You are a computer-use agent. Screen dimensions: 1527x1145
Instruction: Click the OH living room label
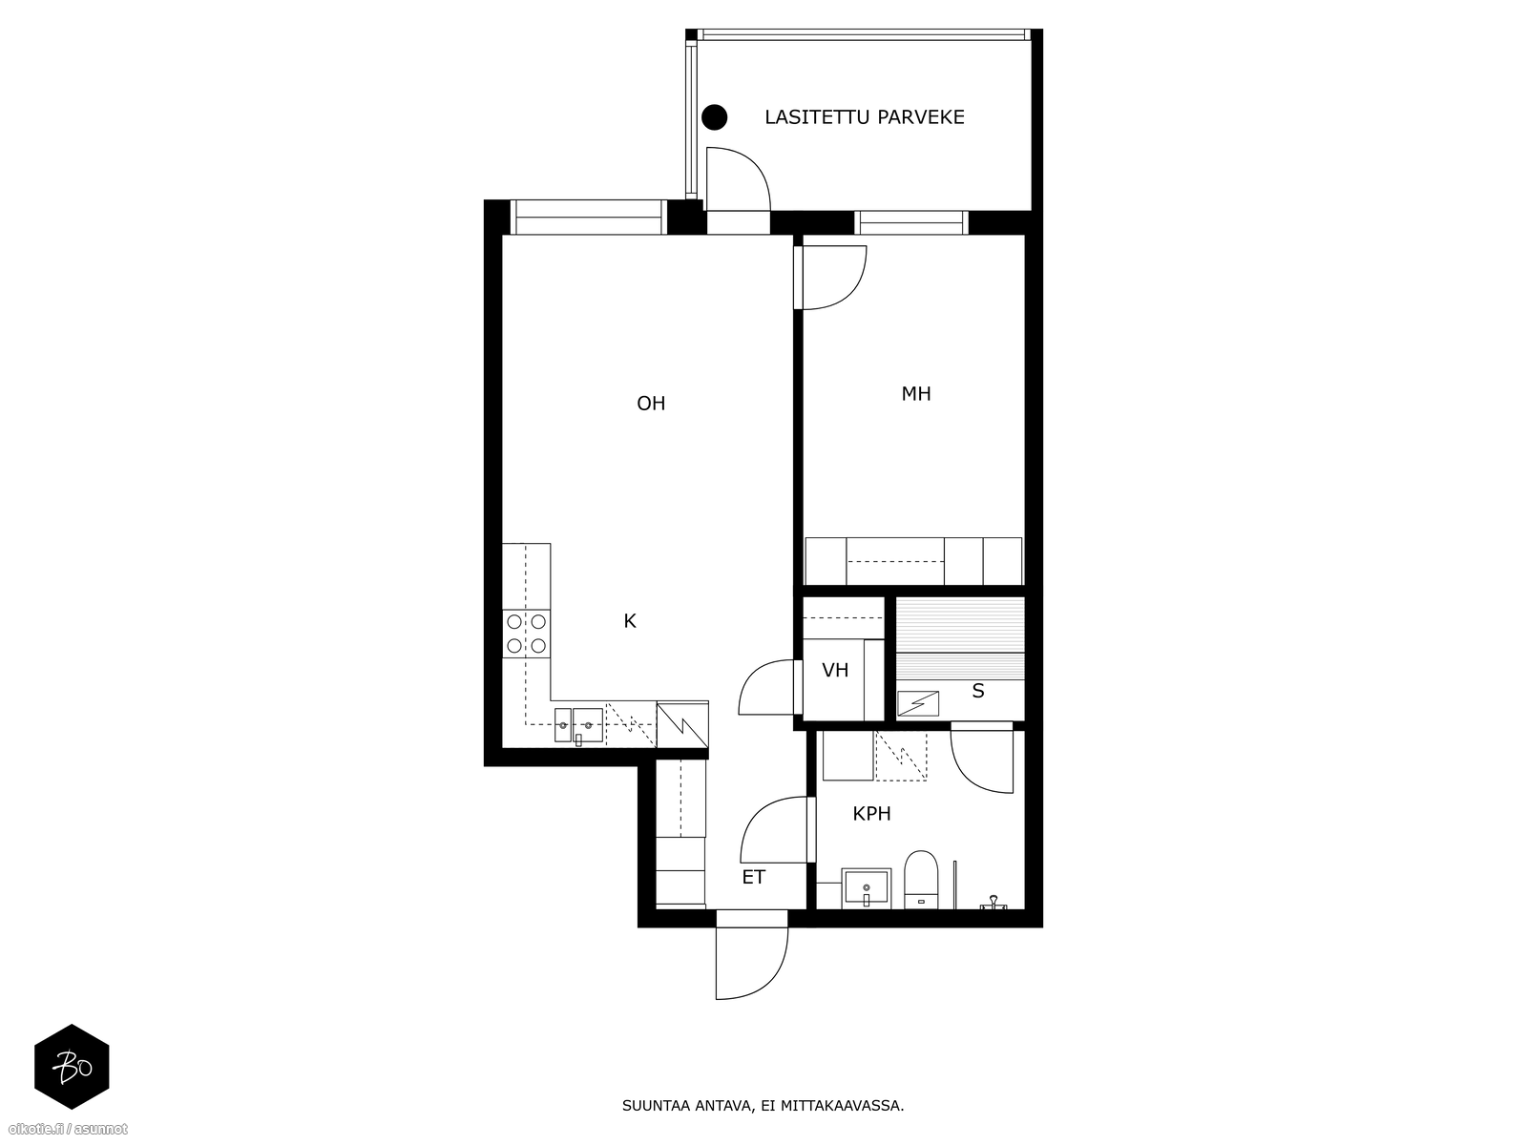click(x=651, y=404)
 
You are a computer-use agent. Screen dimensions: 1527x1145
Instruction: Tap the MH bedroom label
click(x=915, y=393)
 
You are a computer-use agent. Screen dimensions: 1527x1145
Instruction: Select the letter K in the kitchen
click(x=630, y=621)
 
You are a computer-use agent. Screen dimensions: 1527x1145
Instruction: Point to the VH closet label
click(x=835, y=670)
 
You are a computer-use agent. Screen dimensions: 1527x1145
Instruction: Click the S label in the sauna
click(x=977, y=691)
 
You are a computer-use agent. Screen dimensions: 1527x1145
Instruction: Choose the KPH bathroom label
click(x=871, y=813)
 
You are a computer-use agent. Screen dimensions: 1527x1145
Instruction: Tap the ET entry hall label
click(x=753, y=877)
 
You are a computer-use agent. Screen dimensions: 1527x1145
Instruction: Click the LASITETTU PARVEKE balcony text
click(x=864, y=117)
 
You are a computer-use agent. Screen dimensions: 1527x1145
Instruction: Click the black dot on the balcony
click(x=715, y=117)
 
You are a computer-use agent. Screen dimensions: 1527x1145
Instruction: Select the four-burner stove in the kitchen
click(x=526, y=634)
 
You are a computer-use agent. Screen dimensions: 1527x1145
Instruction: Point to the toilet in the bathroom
click(x=920, y=880)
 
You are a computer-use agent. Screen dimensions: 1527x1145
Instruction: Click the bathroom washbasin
click(x=867, y=887)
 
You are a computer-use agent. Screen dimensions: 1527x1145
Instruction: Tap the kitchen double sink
click(x=578, y=725)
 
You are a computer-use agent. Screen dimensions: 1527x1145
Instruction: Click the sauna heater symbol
click(x=917, y=703)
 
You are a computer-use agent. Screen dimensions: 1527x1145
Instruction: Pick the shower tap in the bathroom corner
click(x=993, y=903)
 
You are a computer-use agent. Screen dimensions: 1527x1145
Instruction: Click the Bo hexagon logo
click(x=73, y=1067)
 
